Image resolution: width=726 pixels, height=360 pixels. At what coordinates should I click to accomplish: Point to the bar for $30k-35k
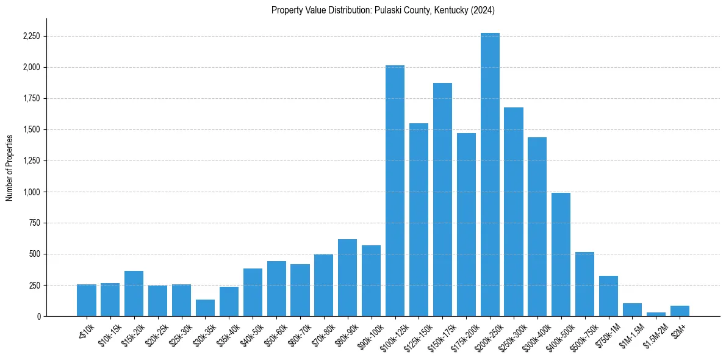click(205, 308)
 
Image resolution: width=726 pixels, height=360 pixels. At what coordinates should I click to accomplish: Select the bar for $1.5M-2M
click(656, 314)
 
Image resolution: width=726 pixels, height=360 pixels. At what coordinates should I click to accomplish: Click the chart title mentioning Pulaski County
click(383, 10)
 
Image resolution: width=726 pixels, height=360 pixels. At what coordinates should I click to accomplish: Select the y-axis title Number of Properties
click(9, 167)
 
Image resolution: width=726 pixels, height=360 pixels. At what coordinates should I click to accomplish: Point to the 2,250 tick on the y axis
click(31, 37)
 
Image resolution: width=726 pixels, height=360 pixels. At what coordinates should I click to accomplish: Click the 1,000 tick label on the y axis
click(31, 192)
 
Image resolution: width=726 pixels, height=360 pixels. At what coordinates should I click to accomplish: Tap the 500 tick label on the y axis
click(35, 254)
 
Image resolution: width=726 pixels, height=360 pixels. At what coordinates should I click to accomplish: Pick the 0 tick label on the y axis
click(38, 317)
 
